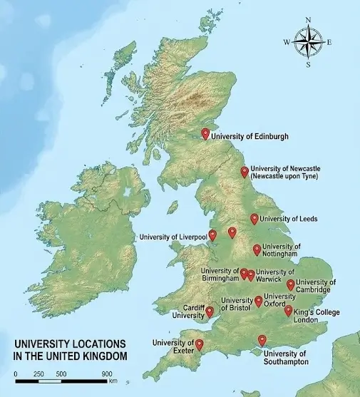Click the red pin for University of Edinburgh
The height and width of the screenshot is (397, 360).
[x=206, y=133]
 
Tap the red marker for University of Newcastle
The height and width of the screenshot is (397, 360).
[x=245, y=171]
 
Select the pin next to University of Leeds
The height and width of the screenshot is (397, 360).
[x=254, y=218]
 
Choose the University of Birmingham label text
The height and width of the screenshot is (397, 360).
[x=220, y=274]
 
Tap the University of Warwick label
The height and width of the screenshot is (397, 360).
[x=274, y=275]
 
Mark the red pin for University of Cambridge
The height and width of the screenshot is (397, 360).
[x=291, y=284]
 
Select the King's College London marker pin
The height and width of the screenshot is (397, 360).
[x=288, y=310]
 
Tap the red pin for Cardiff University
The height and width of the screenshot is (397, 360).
[x=210, y=311]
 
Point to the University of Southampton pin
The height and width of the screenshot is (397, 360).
[x=262, y=340]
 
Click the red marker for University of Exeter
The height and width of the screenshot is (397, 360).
[x=199, y=344]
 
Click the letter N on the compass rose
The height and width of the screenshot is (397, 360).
[x=308, y=20]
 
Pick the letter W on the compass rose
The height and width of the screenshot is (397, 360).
[x=287, y=42]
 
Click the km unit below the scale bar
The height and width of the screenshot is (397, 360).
[x=113, y=381]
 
